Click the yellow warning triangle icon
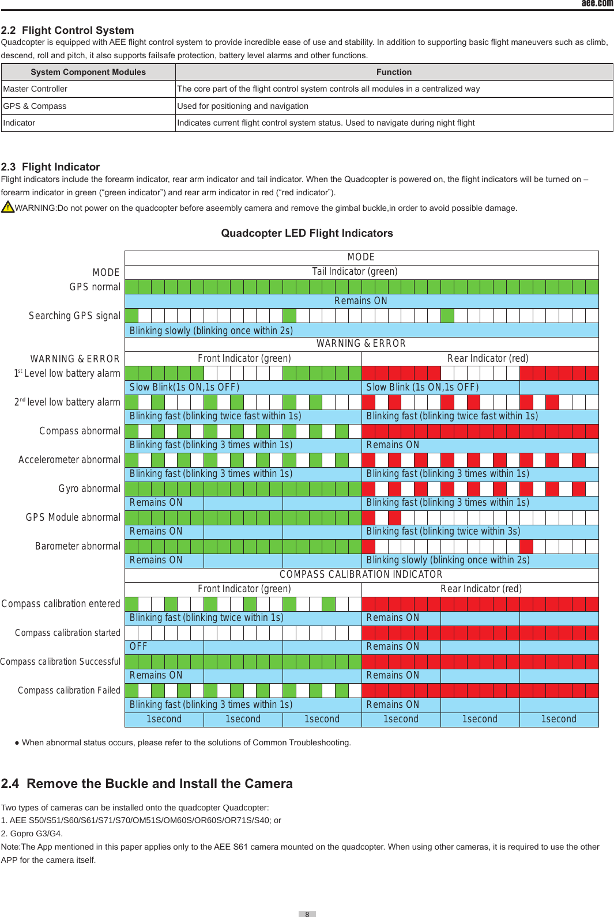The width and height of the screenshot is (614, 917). [7, 207]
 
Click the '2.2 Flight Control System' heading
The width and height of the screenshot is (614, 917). [67, 31]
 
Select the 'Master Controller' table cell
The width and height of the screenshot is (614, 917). [35, 89]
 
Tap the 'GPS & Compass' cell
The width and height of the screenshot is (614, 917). [35, 106]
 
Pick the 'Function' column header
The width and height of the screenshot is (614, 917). [394, 72]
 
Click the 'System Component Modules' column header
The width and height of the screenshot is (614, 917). [88, 72]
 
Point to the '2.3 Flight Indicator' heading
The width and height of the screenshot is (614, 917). [51, 167]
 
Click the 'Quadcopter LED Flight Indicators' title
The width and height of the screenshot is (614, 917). [307, 233]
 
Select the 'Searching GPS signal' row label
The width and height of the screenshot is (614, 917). [75, 316]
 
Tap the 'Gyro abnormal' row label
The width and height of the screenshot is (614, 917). [89, 488]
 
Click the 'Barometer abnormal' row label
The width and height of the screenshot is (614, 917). [78, 546]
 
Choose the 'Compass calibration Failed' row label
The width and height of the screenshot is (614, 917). [69, 690]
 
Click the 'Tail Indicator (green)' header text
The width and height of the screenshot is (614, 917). [355, 271]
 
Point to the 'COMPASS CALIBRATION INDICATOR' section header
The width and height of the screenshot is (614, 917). [361, 574]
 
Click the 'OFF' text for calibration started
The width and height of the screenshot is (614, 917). [138, 646]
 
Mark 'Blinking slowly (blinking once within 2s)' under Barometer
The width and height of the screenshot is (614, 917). [448, 560]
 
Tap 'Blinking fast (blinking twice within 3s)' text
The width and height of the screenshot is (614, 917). [443, 531]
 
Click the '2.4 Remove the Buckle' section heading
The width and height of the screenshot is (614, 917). [147, 783]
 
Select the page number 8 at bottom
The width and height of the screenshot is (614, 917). [307, 914]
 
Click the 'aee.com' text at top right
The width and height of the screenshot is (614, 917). [597, 3]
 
